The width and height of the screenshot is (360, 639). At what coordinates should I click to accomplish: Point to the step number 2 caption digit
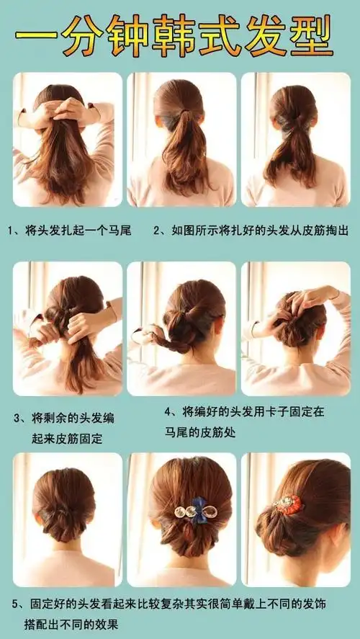pos(156,231)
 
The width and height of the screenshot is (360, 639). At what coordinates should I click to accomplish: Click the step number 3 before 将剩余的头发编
pos(18,418)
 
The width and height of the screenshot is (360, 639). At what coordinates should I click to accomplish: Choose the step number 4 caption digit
pos(168,413)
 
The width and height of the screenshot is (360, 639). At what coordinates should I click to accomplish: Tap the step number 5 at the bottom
pos(17,602)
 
